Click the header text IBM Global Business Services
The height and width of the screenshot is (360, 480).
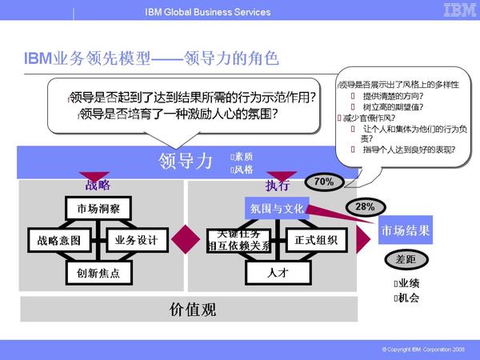208,12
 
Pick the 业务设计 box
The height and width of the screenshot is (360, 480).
137,240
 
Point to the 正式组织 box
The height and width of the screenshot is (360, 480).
316,240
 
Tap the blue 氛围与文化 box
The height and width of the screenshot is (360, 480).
277,207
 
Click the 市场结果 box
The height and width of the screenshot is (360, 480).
406,231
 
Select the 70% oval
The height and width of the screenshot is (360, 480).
324,182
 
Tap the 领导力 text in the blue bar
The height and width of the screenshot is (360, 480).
186,161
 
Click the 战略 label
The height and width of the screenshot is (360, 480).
98,186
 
